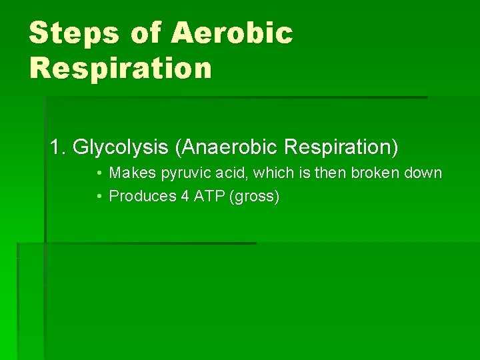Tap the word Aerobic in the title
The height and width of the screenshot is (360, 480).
click(x=232, y=33)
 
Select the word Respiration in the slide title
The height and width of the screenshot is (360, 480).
click(x=121, y=68)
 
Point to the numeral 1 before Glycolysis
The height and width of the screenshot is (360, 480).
click(x=55, y=147)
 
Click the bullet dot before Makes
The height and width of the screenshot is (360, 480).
click(x=98, y=173)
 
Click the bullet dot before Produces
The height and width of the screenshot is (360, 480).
click(x=98, y=197)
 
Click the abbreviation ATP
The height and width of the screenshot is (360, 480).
click(x=207, y=197)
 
